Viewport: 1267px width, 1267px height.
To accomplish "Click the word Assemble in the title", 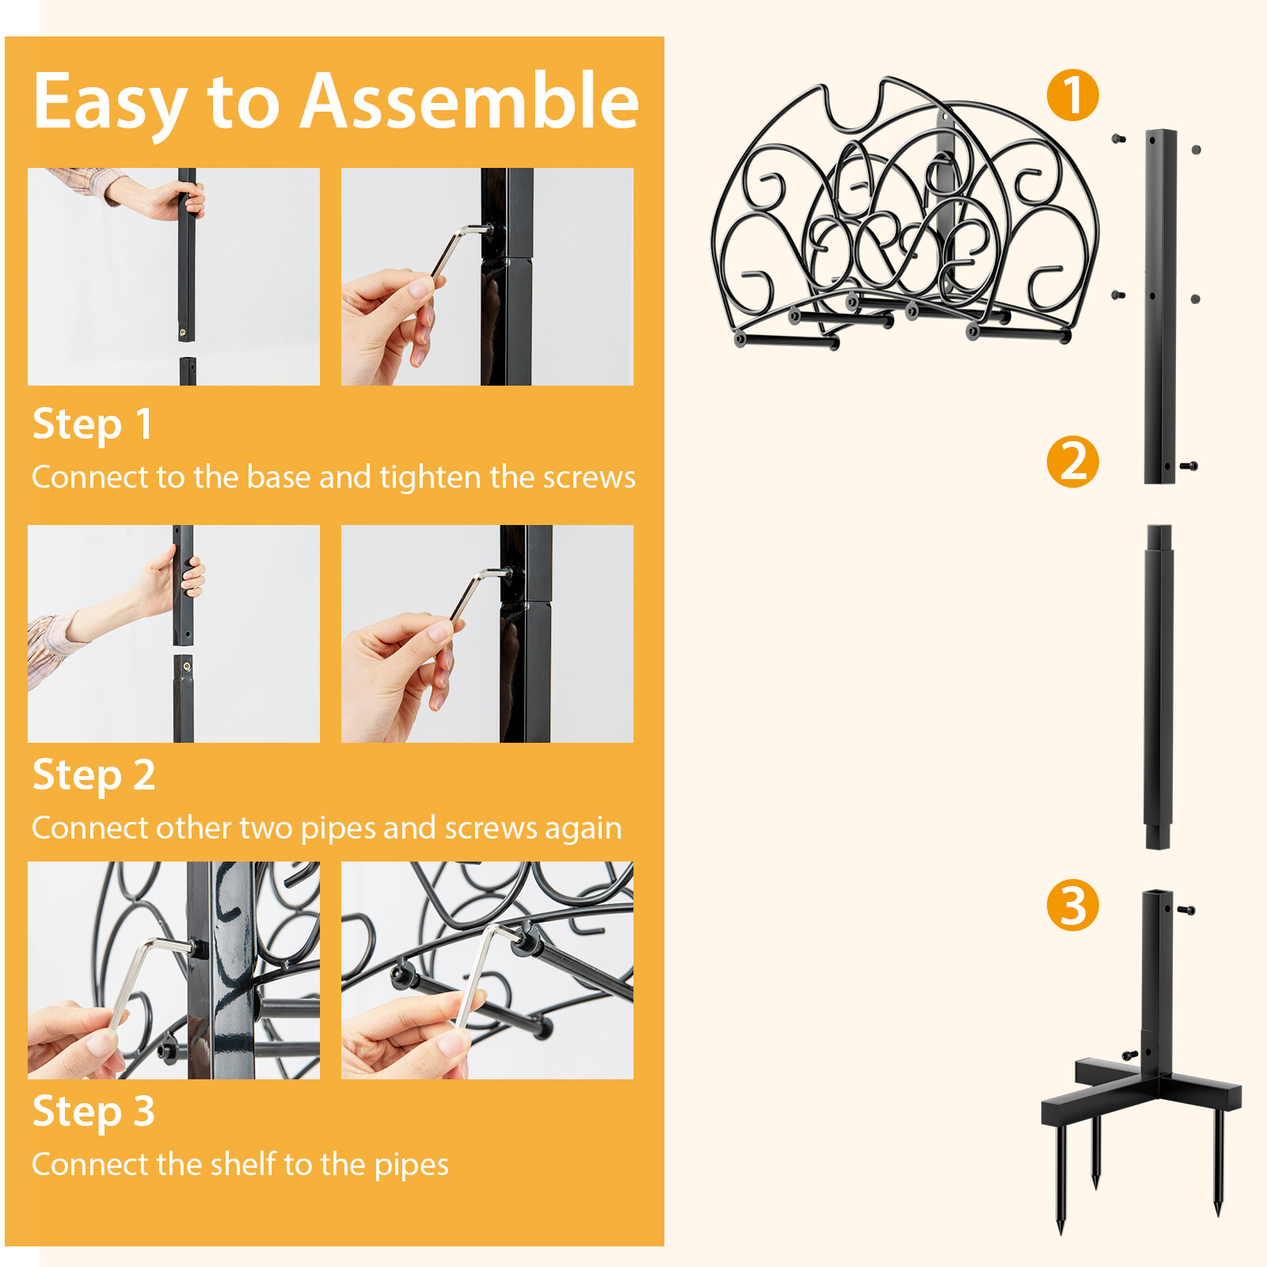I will (x=469, y=101).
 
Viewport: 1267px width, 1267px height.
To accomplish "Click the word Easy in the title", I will (x=109, y=103).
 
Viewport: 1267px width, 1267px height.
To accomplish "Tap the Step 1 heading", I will (x=92, y=424).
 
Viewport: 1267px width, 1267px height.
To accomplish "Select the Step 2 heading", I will (x=93, y=775).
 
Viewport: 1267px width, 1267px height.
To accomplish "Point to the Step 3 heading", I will (x=93, y=1112).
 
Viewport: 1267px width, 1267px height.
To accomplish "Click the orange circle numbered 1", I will (x=1072, y=95).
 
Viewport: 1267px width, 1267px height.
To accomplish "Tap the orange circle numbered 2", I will (x=1072, y=461).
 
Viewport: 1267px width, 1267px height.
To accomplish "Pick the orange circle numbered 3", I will (x=1072, y=905).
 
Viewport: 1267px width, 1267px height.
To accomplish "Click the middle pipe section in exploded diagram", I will (x=1158, y=687).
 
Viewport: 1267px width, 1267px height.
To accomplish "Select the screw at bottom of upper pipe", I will (x=1189, y=466).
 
